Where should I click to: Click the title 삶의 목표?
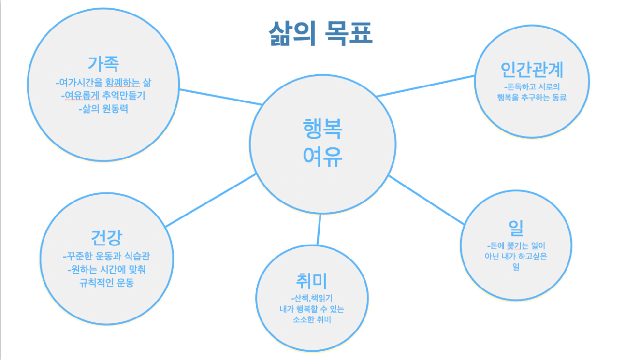(320, 33)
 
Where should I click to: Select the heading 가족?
(103, 63)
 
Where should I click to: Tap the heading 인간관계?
(532, 70)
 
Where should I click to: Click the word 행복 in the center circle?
(322, 129)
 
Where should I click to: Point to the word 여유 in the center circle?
(322, 157)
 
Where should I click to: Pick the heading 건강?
(106, 237)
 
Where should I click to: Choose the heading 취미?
(312, 281)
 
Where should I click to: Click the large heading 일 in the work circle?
(516, 228)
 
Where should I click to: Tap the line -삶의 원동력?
(103, 109)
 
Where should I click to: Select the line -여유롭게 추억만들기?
(103, 95)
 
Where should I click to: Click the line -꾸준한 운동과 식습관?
(106, 256)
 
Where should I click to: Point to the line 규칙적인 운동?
(106, 283)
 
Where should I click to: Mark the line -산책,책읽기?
(312, 298)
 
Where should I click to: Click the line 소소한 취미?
(312, 319)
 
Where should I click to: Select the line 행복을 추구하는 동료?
(532, 98)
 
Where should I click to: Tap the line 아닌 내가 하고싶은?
(516, 256)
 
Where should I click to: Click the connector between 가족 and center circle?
(221, 97)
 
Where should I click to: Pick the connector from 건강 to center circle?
(211, 200)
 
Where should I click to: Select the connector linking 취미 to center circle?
(319, 230)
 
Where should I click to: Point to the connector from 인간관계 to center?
(426, 86)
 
